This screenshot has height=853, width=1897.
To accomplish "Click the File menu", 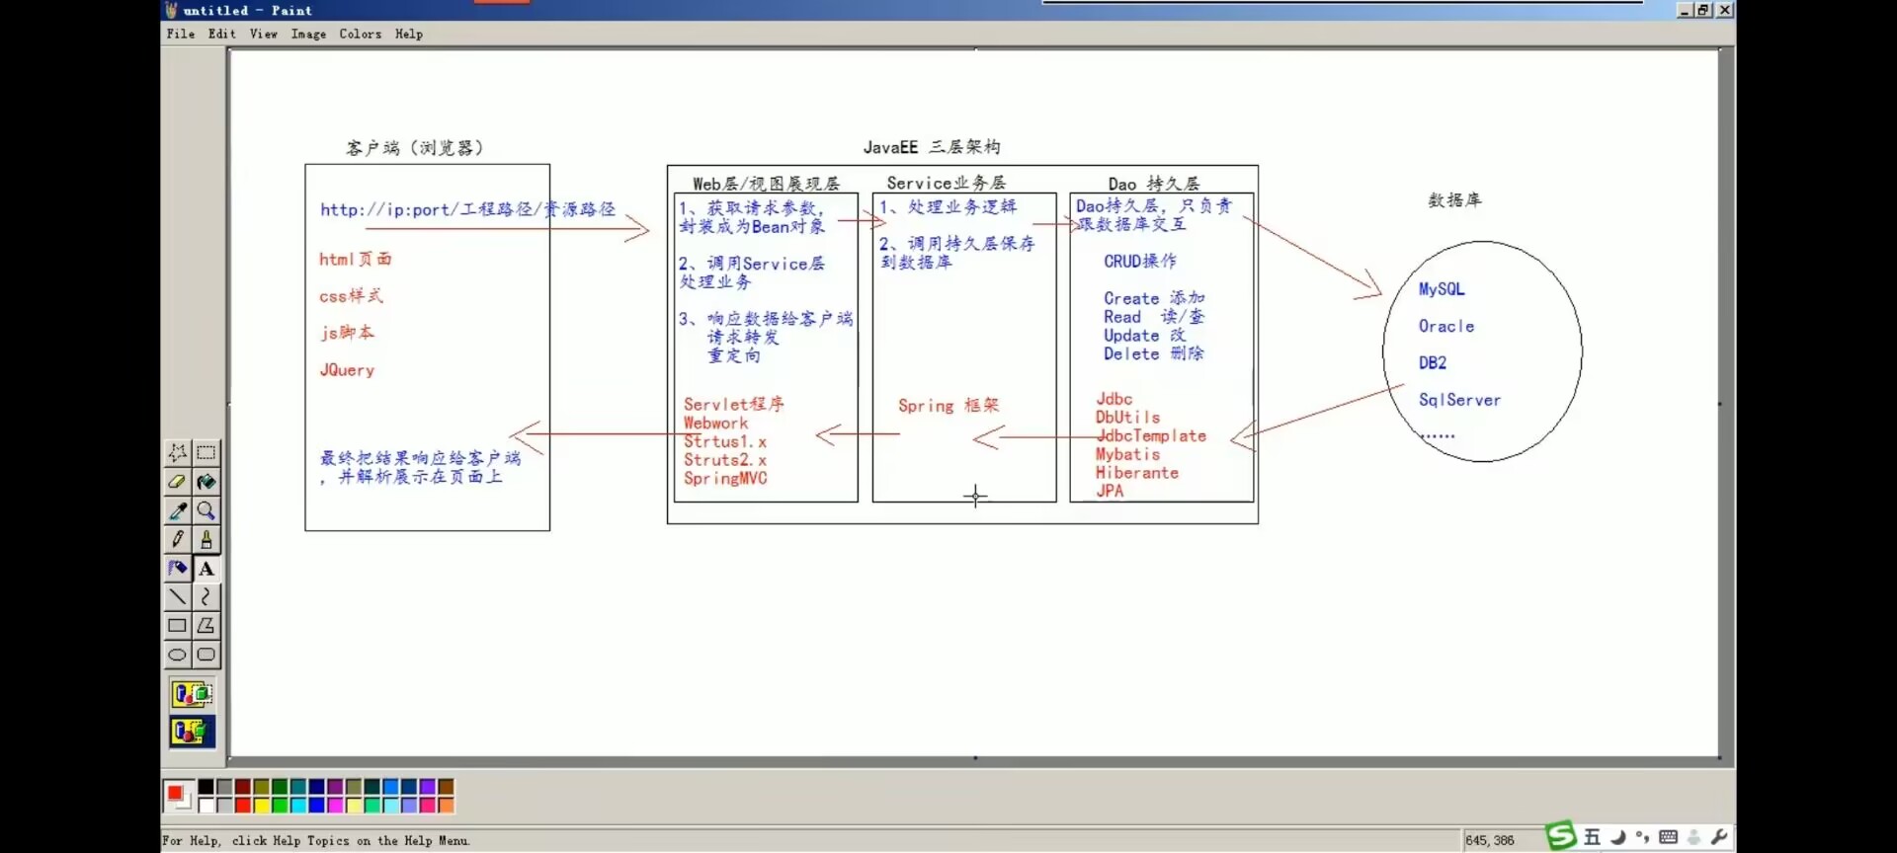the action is (180, 34).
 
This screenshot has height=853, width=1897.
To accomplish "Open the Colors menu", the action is (360, 34).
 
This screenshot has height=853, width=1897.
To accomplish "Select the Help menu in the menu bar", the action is (408, 34).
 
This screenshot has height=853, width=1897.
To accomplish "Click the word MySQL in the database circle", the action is (1442, 289).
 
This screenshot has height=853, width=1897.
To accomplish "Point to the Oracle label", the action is (1446, 327).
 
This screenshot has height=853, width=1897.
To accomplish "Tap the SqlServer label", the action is (1459, 400).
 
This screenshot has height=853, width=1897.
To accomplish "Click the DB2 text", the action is (1433, 363).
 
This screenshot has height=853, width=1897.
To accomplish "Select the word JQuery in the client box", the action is (347, 370).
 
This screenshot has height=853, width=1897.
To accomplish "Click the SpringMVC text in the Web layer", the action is (725, 479).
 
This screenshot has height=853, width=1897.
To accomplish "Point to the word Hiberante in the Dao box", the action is (1136, 473).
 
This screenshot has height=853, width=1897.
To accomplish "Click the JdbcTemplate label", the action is (1151, 435).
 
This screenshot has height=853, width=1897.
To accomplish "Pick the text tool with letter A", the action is (206, 569).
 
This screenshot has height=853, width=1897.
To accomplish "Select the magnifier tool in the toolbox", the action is (206, 510).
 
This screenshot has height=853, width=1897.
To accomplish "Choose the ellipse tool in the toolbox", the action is (177, 655).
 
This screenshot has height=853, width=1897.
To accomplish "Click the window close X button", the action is (1724, 10).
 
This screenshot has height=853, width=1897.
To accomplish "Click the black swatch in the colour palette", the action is (206, 787).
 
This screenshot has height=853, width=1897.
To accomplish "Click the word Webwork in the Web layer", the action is (715, 424).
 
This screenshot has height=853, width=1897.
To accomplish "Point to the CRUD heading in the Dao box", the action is (1139, 262).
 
